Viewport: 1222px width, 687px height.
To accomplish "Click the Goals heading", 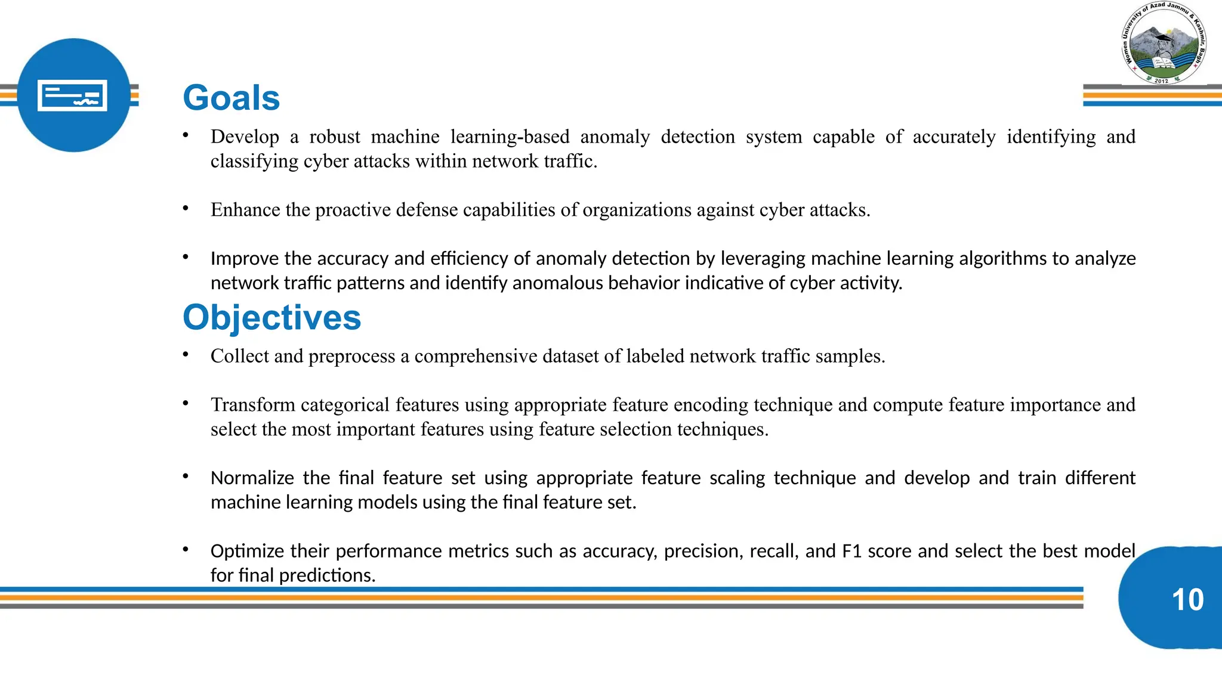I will (x=231, y=98).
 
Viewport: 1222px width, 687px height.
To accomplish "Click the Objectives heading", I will (x=271, y=317).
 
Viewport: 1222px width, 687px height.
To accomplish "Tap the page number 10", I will (x=1187, y=599).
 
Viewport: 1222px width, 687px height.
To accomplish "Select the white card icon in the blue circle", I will (x=72, y=95).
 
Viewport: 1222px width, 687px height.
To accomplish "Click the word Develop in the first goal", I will (x=245, y=137).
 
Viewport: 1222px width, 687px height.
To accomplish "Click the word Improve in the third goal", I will (x=245, y=259).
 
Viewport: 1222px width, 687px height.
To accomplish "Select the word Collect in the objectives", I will (x=239, y=356).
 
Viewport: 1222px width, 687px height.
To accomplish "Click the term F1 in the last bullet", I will (x=851, y=551).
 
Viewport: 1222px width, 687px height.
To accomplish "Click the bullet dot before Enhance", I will (x=186, y=208).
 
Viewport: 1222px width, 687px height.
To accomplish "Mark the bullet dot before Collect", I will (x=186, y=354).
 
